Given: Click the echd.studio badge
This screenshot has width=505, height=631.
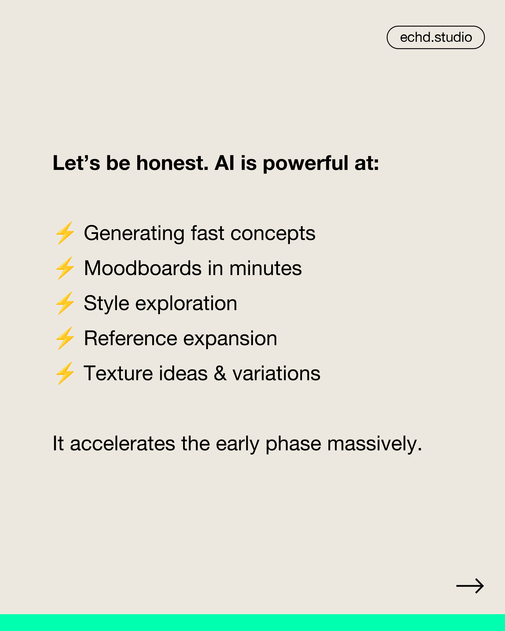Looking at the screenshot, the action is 436,37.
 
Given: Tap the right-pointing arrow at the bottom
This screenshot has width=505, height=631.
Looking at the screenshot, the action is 470,586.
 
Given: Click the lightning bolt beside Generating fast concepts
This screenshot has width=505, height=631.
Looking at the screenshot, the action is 65,233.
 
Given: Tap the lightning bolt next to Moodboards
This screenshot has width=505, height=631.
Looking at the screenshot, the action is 65,268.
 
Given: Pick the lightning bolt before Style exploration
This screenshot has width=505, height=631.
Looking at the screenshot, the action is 65,303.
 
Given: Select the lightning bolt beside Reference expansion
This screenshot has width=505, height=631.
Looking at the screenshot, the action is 65,338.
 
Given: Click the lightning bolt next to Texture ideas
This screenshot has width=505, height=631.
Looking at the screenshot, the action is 65,373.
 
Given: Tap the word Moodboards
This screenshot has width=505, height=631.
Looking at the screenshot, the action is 143,268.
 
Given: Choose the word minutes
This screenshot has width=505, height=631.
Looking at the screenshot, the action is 265,268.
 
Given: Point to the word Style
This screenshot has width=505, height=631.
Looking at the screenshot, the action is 107,304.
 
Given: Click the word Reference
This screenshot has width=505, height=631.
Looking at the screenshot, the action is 130,338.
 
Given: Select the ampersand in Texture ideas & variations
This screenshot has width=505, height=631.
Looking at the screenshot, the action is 220,373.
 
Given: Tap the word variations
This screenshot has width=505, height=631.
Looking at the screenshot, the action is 276,373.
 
